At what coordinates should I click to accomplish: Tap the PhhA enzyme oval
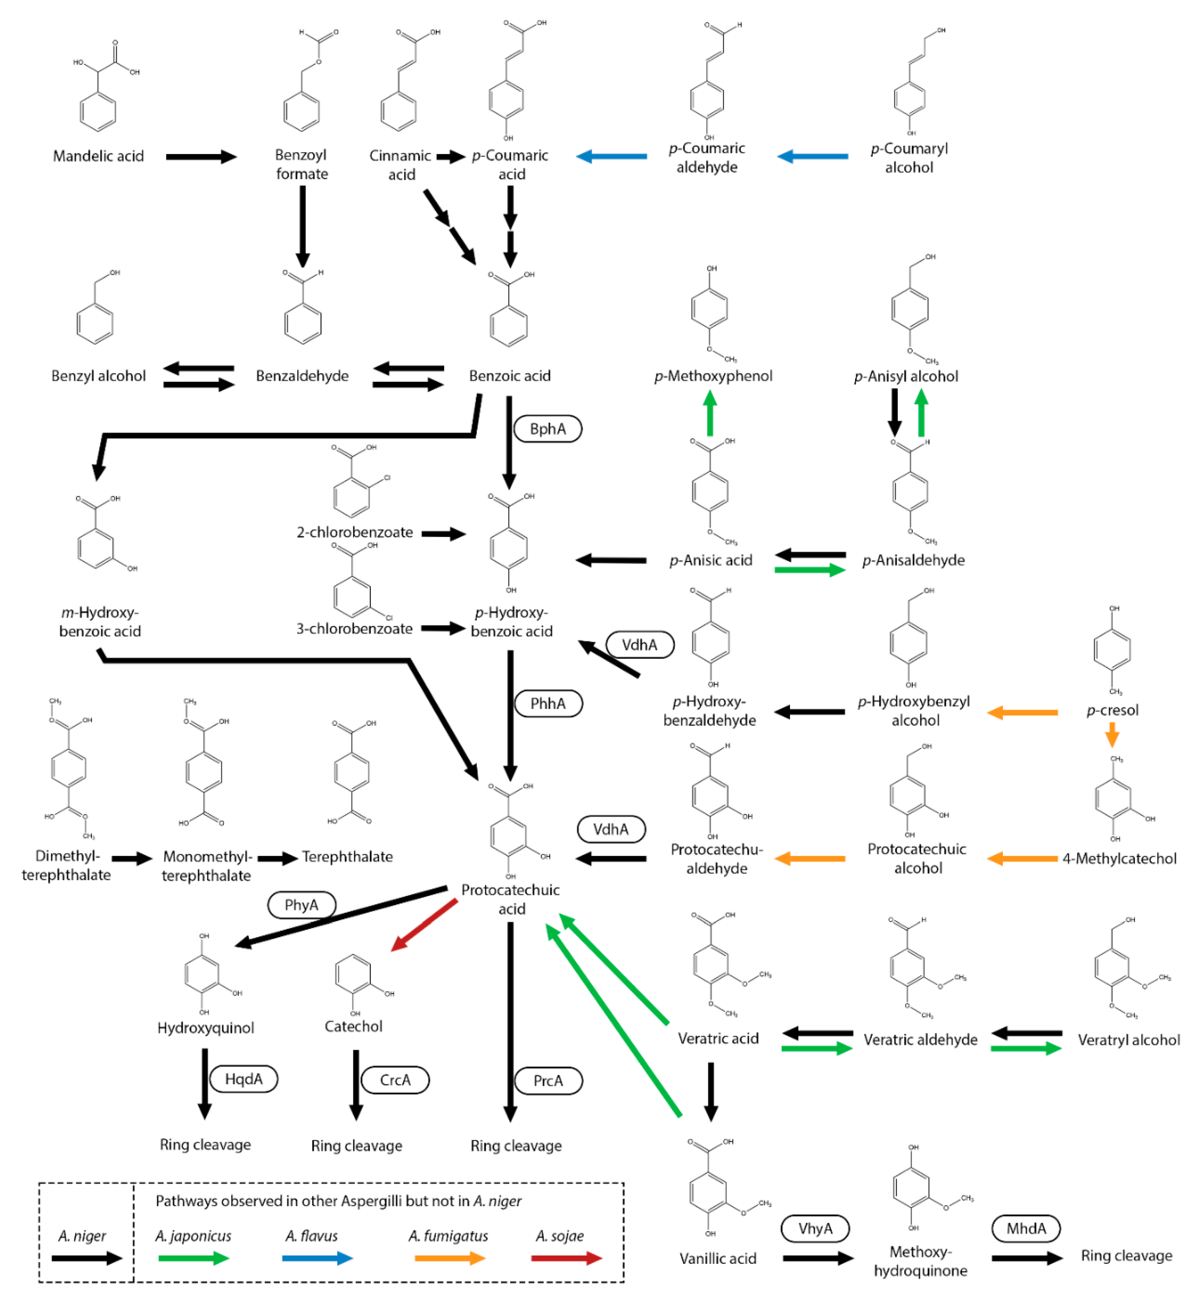click(x=548, y=703)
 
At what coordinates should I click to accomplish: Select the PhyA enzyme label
click(x=301, y=905)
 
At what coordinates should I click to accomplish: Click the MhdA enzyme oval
click(x=1026, y=1228)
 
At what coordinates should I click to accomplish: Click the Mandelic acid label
click(x=99, y=156)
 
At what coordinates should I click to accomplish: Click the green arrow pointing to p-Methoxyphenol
click(x=710, y=413)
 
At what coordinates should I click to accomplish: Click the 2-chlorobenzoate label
click(x=355, y=532)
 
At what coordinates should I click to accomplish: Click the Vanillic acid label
click(x=718, y=1258)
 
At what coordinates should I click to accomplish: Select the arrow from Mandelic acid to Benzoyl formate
click(x=202, y=157)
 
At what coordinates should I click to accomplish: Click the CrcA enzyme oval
click(x=395, y=1080)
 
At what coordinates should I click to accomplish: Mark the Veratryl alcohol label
click(x=1128, y=1040)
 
